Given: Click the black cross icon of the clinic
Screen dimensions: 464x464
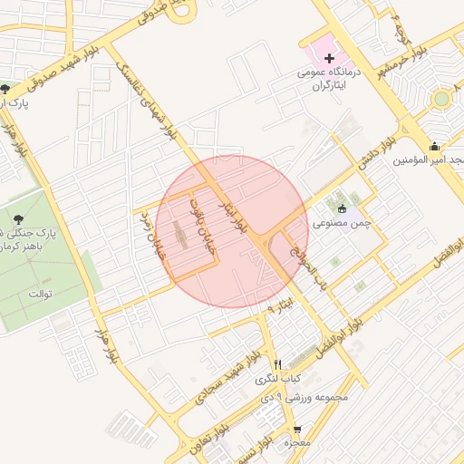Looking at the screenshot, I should pyautogui.click(x=329, y=57).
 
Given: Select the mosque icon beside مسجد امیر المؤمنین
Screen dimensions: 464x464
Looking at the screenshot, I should pyautogui.click(x=436, y=146).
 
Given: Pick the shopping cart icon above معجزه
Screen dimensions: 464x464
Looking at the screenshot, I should pyautogui.click(x=296, y=429).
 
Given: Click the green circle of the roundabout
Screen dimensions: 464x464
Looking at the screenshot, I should pyautogui.click(x=441, y=98).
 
